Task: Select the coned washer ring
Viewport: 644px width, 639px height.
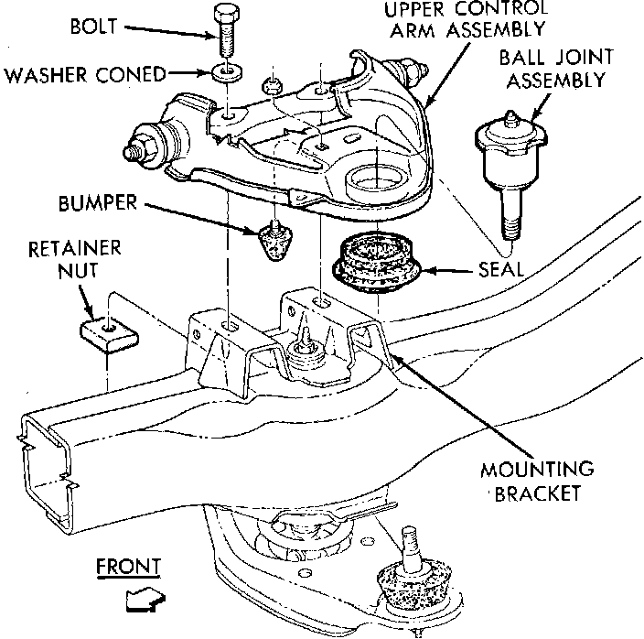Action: point(227,72)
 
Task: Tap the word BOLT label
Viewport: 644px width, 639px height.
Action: point(93,27)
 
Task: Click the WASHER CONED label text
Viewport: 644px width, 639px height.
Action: point(85,75)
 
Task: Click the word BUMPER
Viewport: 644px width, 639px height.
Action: point(98,203)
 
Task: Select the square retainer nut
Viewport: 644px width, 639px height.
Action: point(109,335)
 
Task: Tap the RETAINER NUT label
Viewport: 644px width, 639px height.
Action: point(75,260)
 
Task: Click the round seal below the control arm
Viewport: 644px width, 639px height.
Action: point(376,263)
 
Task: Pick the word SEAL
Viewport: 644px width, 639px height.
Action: point(501,269)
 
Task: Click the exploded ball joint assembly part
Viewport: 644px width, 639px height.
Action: point(510,173)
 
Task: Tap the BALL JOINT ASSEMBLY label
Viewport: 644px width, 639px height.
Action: point(556,69)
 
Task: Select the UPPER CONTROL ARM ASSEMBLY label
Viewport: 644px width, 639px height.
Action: point(467,19)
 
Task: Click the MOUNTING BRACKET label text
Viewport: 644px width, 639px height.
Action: point(537,482)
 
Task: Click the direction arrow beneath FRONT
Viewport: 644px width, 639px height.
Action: point(145,600)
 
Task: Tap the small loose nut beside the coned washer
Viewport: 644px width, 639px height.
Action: point(272,85)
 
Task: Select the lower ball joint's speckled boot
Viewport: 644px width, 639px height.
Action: point(414,583)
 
